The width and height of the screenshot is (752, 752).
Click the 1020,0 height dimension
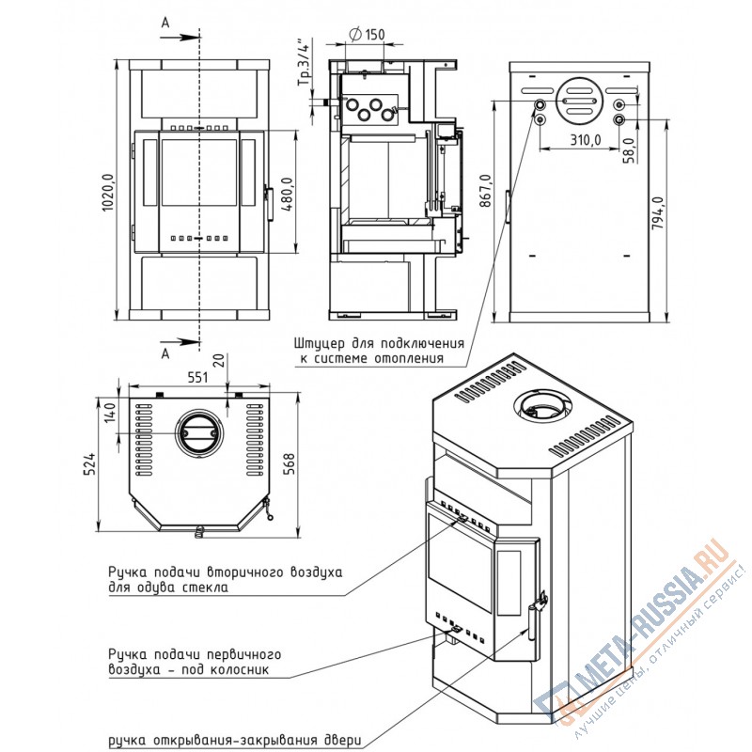108,192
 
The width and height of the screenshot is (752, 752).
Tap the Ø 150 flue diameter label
367,34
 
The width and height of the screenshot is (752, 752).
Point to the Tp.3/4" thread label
305,62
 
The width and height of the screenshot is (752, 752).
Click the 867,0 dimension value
486,191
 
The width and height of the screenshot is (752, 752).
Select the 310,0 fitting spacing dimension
585,139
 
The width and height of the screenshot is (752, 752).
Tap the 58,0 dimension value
629,150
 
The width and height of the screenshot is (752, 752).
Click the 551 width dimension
197,378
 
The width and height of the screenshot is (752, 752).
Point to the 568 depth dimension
290,463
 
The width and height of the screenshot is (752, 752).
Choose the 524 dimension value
90,463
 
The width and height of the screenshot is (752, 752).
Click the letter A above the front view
165,23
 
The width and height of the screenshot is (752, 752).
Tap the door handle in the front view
270,204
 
